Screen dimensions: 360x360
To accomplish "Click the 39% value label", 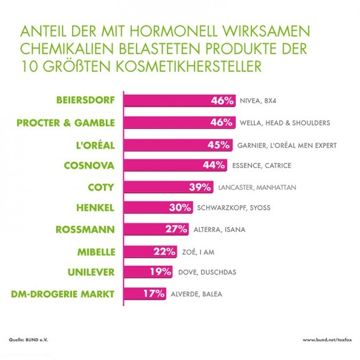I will pyautogui.click(x=203, y=187).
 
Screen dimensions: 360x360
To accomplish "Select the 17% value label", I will pyautogui.click(x=154, y=293).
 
